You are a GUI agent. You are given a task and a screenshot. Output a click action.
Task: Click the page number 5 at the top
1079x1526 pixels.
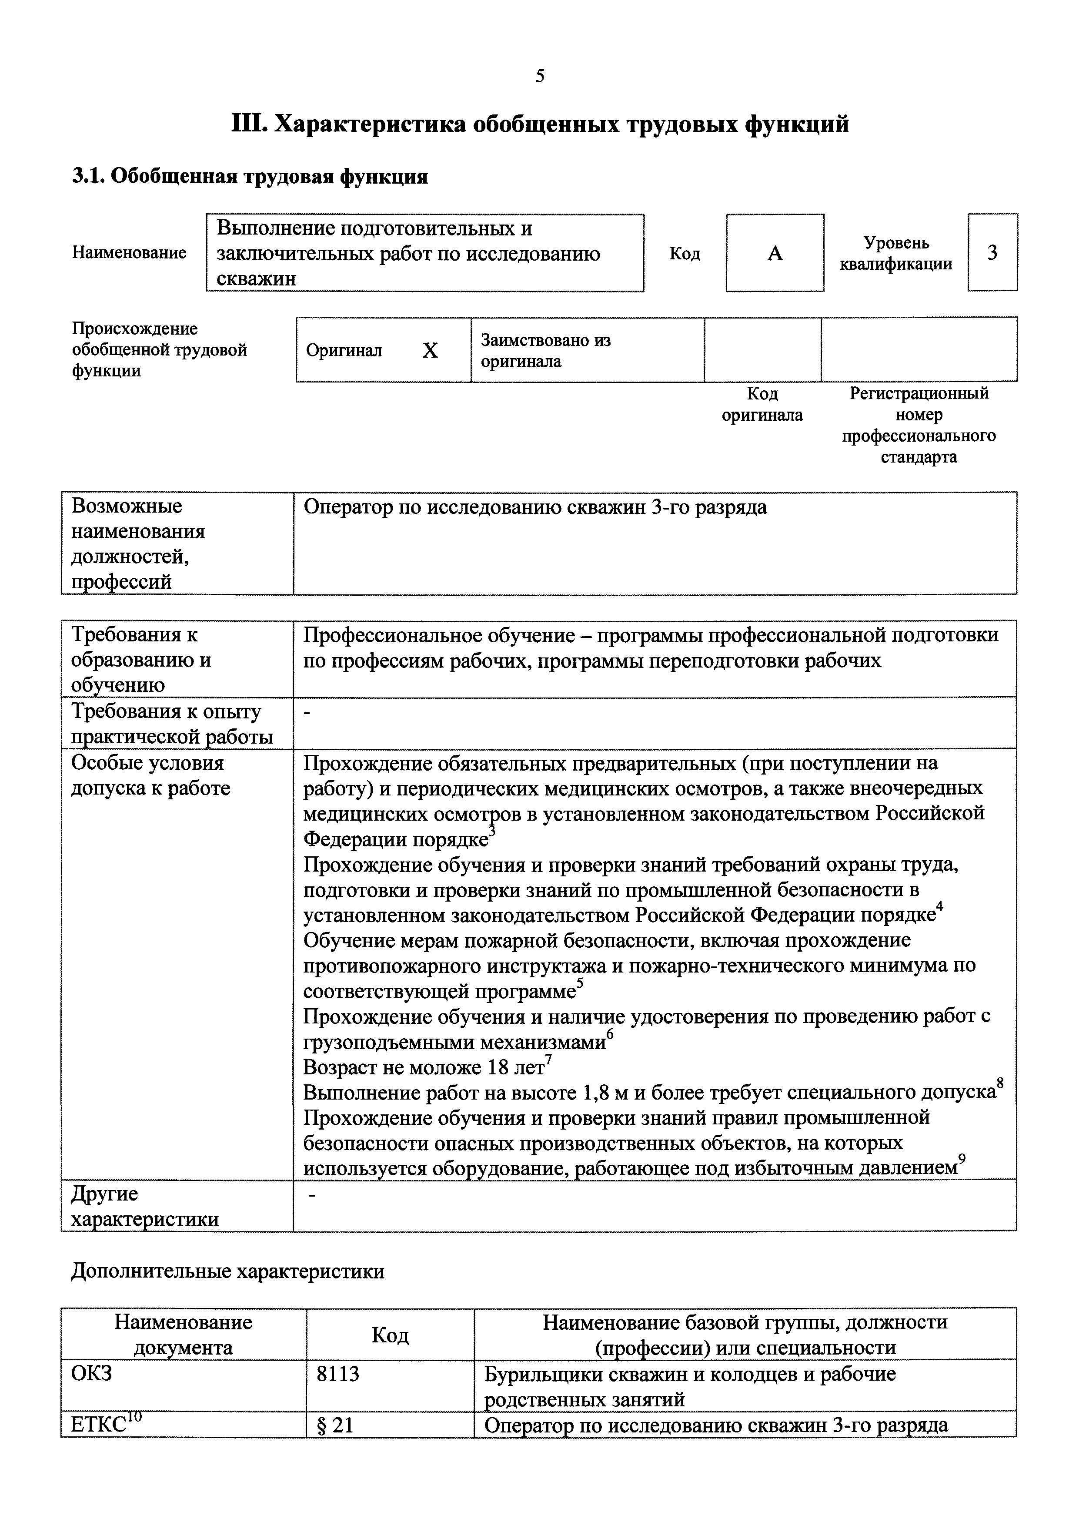pyautogui.click(x=539, y=77)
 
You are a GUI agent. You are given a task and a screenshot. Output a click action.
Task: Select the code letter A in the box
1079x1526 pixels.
pyautogui.click(x=775, y=253)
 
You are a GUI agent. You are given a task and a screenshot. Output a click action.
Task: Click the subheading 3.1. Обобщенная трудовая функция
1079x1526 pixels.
pyautogui.click(x=250, y=177)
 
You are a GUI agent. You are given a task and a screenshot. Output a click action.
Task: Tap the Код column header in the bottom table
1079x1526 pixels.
pyautogui.click(x=390, y=1335)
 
